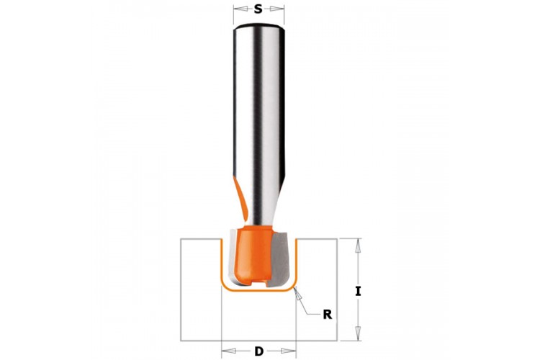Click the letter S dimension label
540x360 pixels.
258,9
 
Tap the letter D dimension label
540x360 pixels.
259,351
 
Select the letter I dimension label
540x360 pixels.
358,292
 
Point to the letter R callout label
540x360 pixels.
328,315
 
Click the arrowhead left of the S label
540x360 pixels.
240,9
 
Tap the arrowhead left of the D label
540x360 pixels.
228,351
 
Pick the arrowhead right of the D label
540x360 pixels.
289,351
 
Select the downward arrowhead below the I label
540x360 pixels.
358,333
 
